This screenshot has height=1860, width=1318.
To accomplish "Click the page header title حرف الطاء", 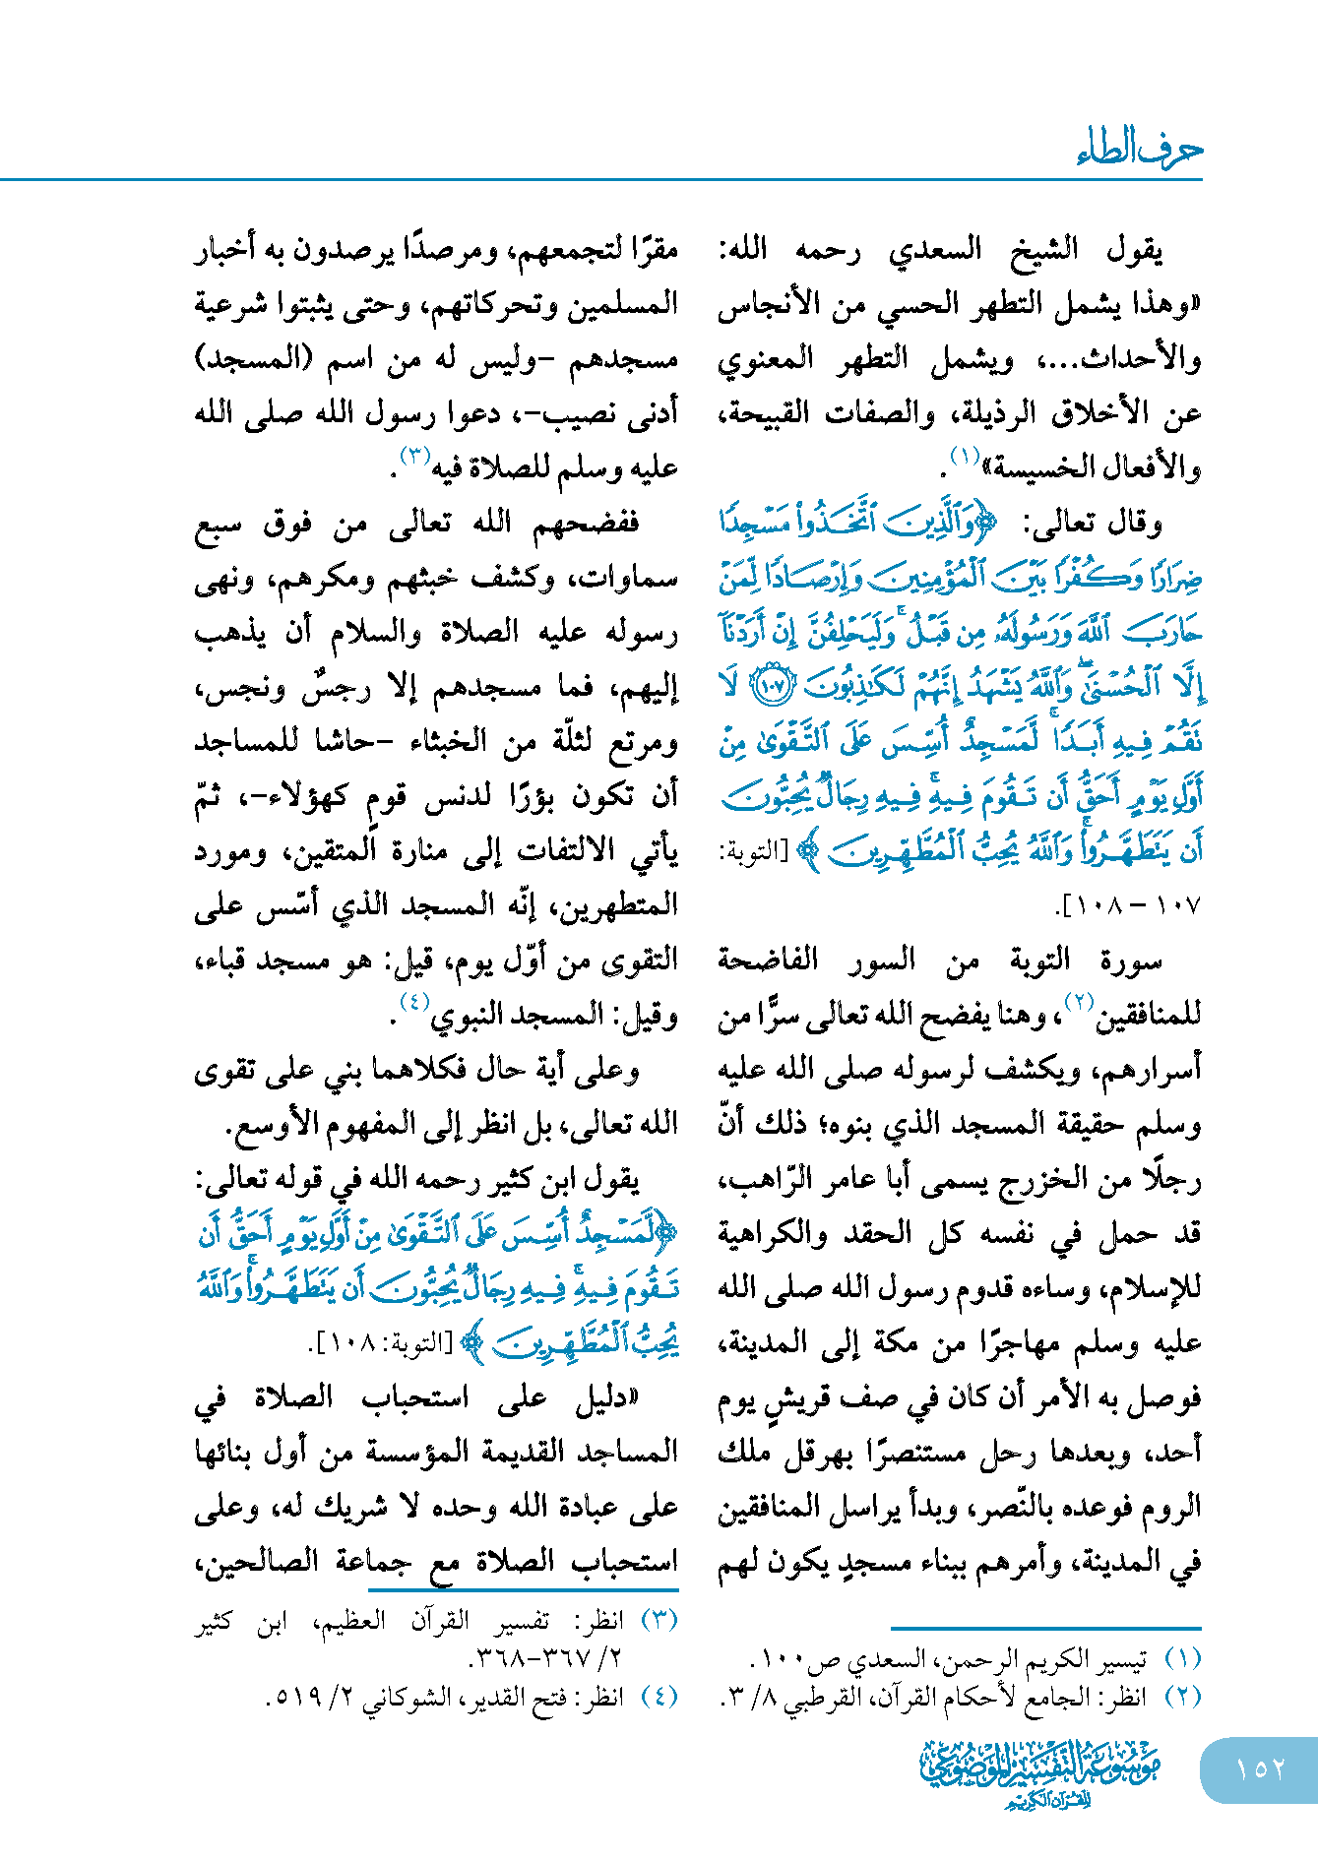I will click(x=1139, y=150).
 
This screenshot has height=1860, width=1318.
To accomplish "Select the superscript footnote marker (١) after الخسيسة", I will click(x=964, y=456).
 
